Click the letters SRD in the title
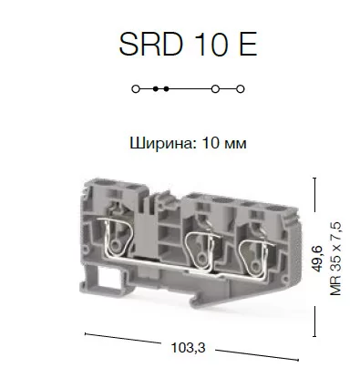coord(151,44)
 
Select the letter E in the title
coord(248,44)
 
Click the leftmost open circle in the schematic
coord(136,89)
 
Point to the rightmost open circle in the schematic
coord(241,89)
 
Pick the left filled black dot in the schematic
coord(156,89)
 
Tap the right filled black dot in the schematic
coord(166,89)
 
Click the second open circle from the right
coord(215,89)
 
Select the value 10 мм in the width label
coord(224,143)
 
